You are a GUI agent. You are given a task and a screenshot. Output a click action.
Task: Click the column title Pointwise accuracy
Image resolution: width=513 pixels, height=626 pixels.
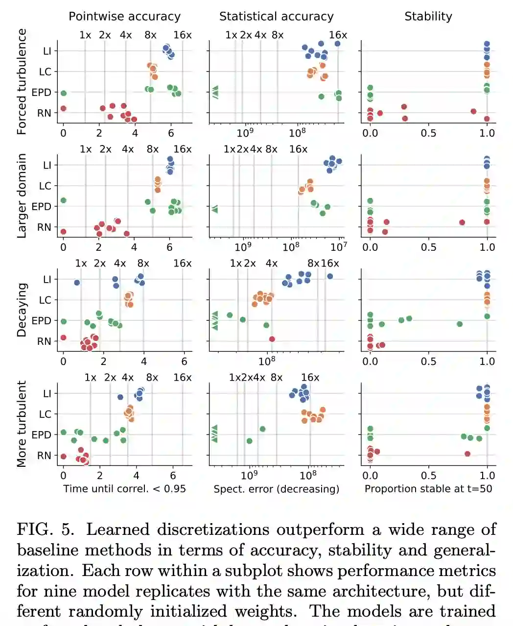click(x=124, y=16)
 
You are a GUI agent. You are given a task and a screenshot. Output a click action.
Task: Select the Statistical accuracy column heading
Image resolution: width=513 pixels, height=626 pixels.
click(x=276, y=16)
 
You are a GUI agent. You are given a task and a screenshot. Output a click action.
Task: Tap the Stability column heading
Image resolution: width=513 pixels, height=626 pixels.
click(x=428, y=16)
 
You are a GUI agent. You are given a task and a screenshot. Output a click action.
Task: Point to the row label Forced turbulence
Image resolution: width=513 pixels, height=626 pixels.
click(x=22, y=81)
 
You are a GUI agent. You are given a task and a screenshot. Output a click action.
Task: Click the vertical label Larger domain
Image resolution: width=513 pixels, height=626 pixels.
click(x=22, y=196)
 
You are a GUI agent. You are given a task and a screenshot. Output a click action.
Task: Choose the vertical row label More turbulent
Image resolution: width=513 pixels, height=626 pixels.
click(x=22, y=424)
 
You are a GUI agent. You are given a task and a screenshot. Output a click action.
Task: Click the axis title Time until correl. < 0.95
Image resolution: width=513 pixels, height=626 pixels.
click(x=124, y=488)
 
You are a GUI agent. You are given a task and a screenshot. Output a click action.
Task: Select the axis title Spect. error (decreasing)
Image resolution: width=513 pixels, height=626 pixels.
click(x=276, y=488)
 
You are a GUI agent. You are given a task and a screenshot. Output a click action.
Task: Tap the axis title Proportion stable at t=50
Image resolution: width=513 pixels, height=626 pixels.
click(x=428, y=488)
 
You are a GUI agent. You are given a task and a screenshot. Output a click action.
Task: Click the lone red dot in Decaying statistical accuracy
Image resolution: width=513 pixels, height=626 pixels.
click(x=272, y=339)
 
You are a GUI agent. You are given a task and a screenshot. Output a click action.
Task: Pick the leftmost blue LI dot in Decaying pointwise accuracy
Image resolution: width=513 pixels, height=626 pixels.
click(x=77, y=283)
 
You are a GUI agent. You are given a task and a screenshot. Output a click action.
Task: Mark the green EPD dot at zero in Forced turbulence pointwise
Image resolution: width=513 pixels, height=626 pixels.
click(x=63, y=93)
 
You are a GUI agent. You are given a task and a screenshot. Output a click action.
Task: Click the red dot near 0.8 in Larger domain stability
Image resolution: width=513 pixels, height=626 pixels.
click(x=462, y=222)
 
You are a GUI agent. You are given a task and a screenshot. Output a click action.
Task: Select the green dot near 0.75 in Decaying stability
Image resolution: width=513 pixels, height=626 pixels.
click(x=460, y=324)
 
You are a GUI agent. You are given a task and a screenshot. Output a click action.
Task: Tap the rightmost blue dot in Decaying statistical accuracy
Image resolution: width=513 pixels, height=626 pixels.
click(x=330, y=276)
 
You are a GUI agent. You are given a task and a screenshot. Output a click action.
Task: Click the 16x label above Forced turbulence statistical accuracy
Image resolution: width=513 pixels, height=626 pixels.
click(x=338, y=35)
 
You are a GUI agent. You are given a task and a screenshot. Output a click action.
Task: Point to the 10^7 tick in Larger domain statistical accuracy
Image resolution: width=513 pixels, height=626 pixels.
click(x=339, y=247)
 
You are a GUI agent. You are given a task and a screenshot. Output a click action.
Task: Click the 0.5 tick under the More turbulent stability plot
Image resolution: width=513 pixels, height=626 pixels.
click(x=428, y=475)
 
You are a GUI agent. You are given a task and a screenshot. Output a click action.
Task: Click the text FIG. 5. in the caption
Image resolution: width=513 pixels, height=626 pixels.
click(x=46, y=530)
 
